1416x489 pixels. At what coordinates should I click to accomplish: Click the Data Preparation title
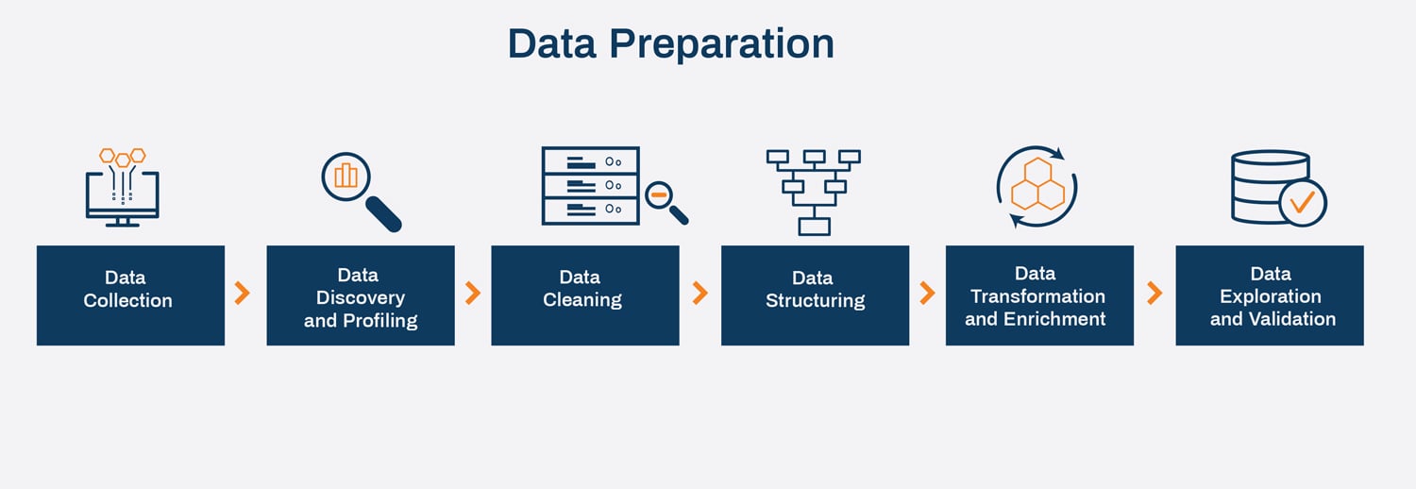[670, 44]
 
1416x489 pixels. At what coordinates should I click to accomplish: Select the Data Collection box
[130, 295]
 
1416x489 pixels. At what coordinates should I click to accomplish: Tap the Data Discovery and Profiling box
[361, 295]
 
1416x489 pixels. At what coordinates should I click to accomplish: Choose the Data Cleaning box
[584, 295]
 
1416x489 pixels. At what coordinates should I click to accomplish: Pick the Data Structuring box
[815, 295]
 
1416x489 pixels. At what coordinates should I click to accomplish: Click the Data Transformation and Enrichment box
[1039, 295]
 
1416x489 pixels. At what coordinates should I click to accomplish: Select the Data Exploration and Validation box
[1269, 295]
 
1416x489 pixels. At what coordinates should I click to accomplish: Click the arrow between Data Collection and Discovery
[243, 294]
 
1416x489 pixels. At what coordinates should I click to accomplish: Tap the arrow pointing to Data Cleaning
[473, 294]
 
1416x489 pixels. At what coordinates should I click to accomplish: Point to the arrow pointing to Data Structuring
[700, 294]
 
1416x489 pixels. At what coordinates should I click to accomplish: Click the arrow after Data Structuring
[927, 294]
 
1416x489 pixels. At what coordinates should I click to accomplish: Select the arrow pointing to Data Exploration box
[1154, 294]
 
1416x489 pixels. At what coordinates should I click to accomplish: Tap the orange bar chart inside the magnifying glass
[346, 176]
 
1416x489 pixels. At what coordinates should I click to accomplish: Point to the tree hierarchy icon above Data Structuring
[813, 192]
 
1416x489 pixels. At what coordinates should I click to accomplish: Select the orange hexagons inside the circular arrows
[1037, 185]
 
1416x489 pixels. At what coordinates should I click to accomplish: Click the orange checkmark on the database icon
[1303, 201]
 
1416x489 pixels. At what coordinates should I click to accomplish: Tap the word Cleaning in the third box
[582, 300]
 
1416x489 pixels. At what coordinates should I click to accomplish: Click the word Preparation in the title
[720, 44]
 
